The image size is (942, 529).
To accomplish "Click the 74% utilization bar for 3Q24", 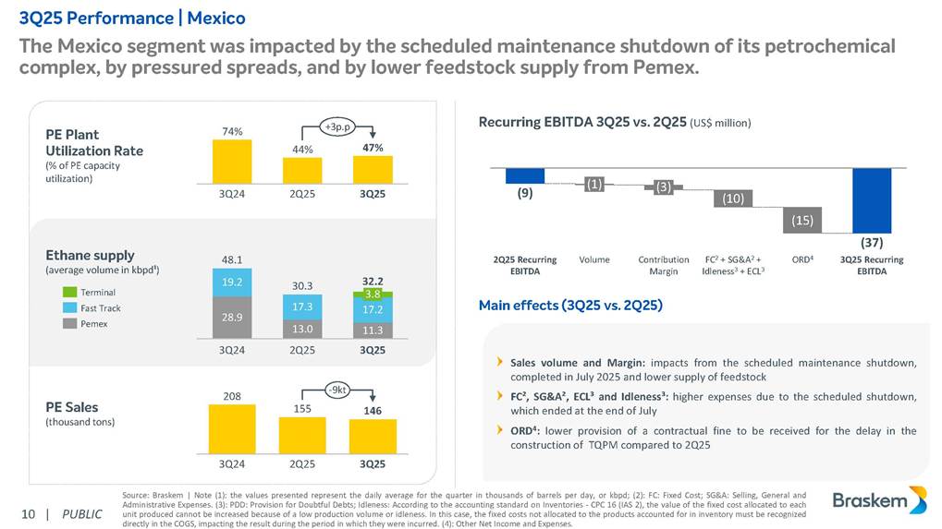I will [x=233, y=162].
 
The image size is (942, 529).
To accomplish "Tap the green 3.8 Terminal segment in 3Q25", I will [x=372, y=294].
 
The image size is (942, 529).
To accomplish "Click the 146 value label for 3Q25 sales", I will [x=372, y=409].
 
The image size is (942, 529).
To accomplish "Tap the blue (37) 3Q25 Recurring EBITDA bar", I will [x=871, y=200].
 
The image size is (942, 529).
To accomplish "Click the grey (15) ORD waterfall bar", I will [x=801, y=220].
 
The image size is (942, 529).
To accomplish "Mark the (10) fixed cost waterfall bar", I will [x=732, y=198].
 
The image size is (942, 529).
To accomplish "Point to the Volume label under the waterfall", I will [x=594, y=259].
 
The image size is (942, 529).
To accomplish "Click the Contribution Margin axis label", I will [x=664, y=265].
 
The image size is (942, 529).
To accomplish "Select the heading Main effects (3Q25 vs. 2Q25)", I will [x=570, y=305].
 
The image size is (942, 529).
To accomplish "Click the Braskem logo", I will [x=878, y=501].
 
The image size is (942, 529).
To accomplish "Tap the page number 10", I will [x=28, y=513].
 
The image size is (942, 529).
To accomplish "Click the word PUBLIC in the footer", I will [x=82, y=513].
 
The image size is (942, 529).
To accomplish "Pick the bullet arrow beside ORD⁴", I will [x=500, y=429].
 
